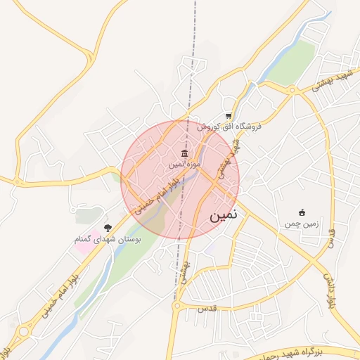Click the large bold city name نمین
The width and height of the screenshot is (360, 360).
coord(224,216)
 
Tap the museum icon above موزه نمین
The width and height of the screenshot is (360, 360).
coord(184,154)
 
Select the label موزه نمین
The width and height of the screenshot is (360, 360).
coord(184,164)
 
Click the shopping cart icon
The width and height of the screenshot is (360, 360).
coord(229,116)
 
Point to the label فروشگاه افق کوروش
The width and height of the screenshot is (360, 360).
coord(229,127)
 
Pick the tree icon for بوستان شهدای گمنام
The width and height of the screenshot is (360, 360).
coord(108,228)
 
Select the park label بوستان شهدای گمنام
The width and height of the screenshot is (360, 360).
coord(108,240)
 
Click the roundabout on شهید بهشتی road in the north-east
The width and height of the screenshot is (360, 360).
coord(292,90)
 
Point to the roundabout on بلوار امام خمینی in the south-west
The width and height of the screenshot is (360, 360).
coord(24,331)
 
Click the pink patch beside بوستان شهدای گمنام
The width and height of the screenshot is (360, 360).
coord(82,247)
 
